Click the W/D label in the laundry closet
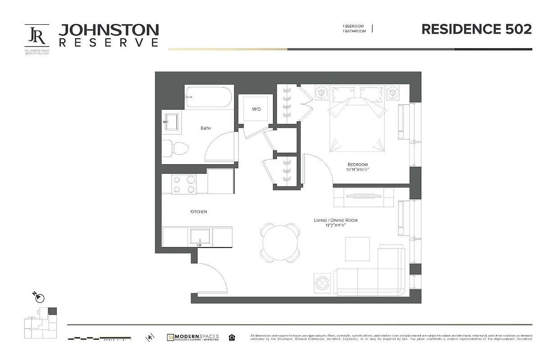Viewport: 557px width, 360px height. tap(256, 109)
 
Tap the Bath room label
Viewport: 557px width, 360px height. tap(206, 128)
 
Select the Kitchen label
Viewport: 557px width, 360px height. tap(199, 211)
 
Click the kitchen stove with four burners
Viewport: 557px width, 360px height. tap(185, 184)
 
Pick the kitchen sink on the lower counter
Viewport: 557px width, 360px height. tap(199, 236)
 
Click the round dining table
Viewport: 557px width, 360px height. tap(280, 243)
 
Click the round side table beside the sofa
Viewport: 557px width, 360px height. tap(322, 283)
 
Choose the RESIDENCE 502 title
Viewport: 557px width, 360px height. tap(476, 29)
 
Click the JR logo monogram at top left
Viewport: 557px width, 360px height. tap(36, 35)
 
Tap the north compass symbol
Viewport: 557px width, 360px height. tap(40, 298)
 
